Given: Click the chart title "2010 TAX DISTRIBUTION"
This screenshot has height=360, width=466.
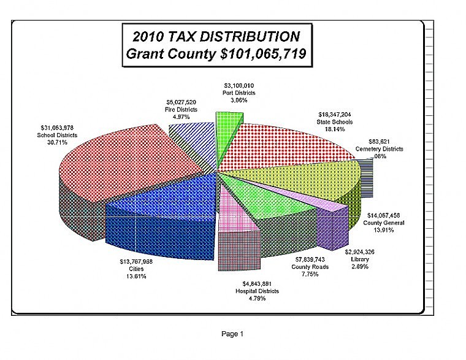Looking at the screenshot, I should coord(218,36).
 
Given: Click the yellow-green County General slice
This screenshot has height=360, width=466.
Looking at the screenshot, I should coord(300,175).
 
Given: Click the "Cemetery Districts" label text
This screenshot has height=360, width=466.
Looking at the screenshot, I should coord(379,149).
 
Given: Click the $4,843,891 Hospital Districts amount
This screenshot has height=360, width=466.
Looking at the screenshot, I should coord(257,283).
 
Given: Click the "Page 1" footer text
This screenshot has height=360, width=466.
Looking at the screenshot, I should coord(232,334).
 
